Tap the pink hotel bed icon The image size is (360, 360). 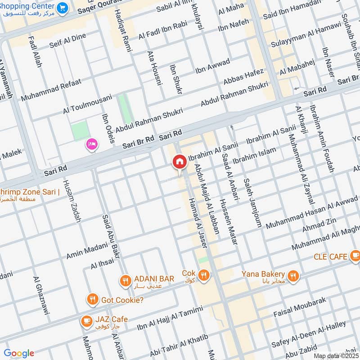click(x=92, y=144)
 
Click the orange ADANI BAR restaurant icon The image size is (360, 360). click(x=125, y=281)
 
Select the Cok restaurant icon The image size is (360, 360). click(x=204, y=275)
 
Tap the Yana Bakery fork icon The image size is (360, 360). click(x=293, y=276)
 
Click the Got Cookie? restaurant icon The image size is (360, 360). click(x=92, y=299)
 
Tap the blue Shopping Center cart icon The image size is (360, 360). click(x=63, y=8)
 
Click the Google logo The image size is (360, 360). click(x=19, y=353)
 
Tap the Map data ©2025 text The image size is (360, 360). click(x=336, y=356)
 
